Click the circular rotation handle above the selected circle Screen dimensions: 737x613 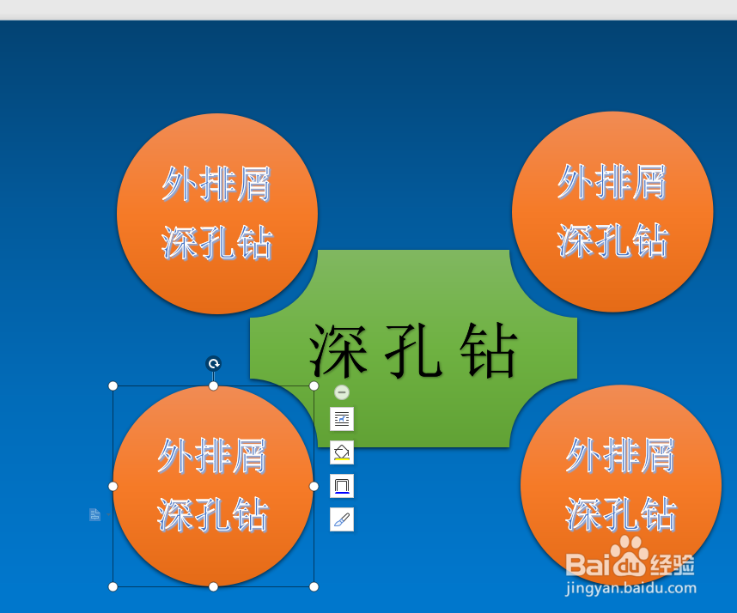pos(213,363)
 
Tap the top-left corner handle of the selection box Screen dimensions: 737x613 pos(113,385)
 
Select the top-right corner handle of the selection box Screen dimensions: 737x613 pos(314,385)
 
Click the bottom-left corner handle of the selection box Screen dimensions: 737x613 pos(113,586)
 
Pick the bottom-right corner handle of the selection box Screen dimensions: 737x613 pos(314,586)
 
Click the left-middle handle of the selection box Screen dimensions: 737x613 pos(113,486)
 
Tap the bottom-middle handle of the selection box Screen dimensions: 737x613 pos(213,586)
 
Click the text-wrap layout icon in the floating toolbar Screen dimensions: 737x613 pos(342,419)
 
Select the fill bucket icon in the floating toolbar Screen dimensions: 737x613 pos(342,452)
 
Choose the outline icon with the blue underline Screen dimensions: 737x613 pos(342,486)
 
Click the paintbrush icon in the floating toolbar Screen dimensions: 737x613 pos(342,519)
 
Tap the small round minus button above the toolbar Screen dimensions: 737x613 pos(342,392)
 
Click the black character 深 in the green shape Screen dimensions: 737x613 pos(338,350)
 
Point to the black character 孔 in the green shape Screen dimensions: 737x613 pos(414,350)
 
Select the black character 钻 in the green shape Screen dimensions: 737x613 pos(489,350)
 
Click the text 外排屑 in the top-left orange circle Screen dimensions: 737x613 pos(216,184)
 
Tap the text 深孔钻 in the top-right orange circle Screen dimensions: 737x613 pos(612,240)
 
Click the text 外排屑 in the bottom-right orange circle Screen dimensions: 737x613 pos(620,455)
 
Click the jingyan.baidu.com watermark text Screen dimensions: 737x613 pos(630,588)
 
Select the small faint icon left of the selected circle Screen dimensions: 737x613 pos(95,514)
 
